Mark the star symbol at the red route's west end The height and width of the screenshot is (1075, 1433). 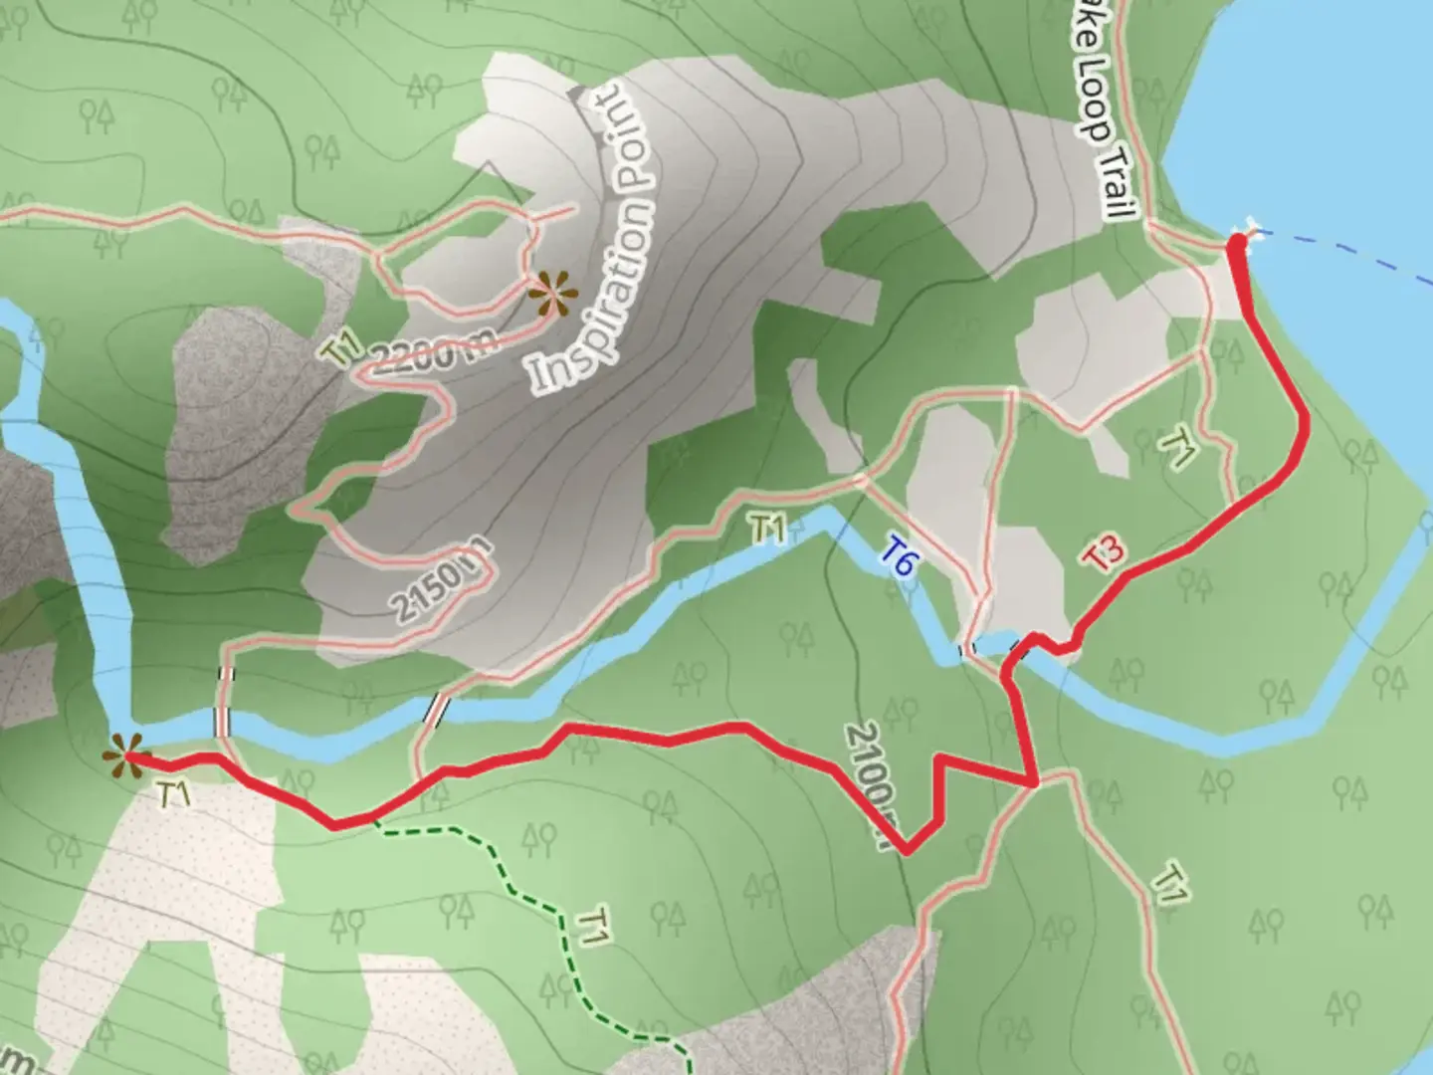(125, 755)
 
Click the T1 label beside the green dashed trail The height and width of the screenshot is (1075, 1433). (591, 927)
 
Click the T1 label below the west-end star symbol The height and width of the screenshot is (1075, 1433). (174, 793)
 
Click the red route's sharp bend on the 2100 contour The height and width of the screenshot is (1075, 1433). (907, 851)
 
